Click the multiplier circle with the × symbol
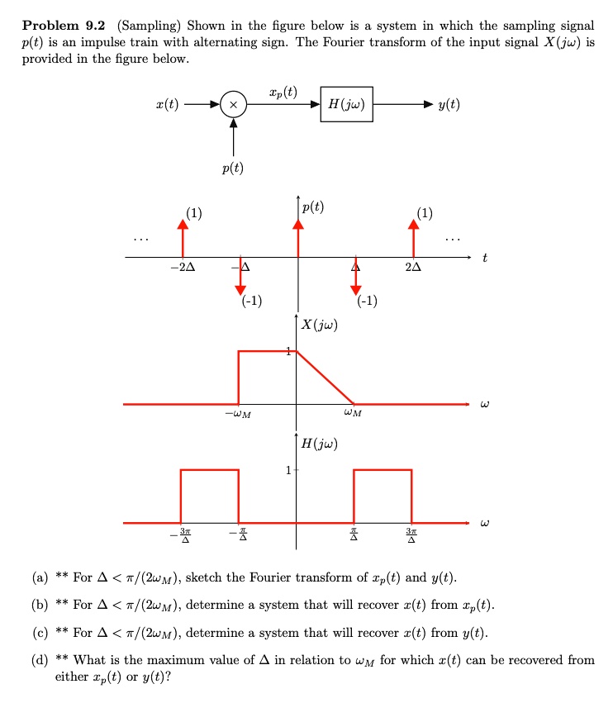pyautogui.click(x=234, y=105)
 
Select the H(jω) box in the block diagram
pyautogui.click(x=346, y=104)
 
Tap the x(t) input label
pyautogui.click(x=167, y=105)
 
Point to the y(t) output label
pyautogui.click(x=449, y=105)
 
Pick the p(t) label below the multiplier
pyautogui.click(x=233, y=169)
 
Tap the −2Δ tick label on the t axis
pyautogui.click(x=183, y=268)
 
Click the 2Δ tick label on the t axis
pyautogui.click(x=413, y=268)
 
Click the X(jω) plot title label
pyautogui.click(x=318, y=325)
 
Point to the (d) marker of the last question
pyautogui.click(x=40, y=659)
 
